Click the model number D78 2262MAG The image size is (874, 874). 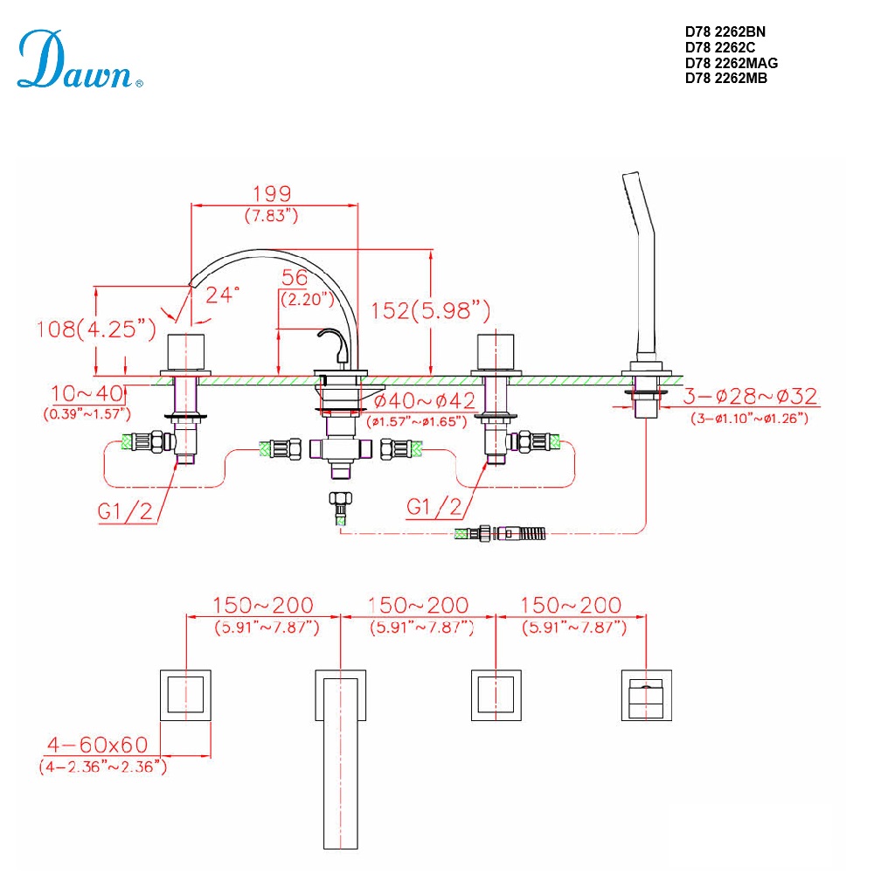(732, 63)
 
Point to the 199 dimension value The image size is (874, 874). (271, 193)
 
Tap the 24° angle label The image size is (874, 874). (223, 295)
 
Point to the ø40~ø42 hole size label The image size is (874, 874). (424, 401)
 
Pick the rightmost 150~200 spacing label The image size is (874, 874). (572, 605)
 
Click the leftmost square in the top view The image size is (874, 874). (185, 695)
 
